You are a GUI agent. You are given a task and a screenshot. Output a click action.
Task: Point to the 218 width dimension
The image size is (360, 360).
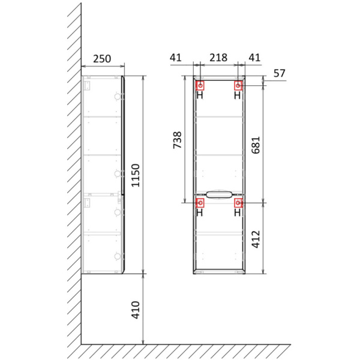pyautogui.click(x=217, y=58)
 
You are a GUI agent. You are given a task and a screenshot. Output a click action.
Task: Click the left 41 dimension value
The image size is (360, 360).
pyautogui.click(x=175, y=58)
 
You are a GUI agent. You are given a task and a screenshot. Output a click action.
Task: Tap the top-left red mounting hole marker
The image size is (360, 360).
pyautogui.click(x=200, y=85)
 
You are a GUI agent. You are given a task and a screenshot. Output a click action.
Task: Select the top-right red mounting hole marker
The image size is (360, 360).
pyautogui.click(x=238, y=85)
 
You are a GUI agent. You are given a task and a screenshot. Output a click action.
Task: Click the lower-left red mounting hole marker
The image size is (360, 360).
pyautogui.click(x=200, y=203)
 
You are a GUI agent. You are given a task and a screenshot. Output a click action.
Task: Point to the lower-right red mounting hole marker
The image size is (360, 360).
pyautogui.click(x=238, y=203)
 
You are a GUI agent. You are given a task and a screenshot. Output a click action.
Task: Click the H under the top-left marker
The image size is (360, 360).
pyautogui.click(x=200, y=95)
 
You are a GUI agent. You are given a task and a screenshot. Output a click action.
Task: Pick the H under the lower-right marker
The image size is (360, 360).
pyautogui.click(x=238, y=212)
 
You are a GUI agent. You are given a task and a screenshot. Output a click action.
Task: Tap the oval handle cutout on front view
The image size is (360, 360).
pyautogui.click(x=219, y=193)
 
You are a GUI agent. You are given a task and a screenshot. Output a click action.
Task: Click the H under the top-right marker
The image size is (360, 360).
pyautogui.click(x=238, y=95)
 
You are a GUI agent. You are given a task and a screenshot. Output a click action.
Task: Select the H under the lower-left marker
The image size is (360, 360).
pyautogui.click(x=200, y=212)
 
